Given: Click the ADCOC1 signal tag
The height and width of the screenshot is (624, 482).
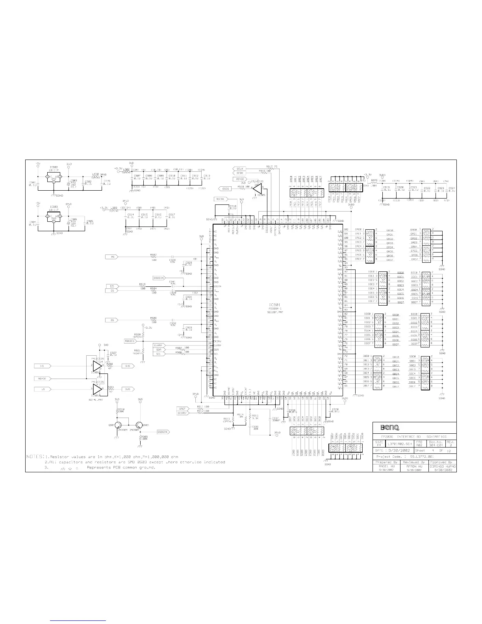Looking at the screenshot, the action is point(130,341).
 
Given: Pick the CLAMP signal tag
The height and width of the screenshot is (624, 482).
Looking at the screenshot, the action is point(158,345).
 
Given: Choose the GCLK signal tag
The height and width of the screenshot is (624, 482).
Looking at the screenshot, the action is point(239,169).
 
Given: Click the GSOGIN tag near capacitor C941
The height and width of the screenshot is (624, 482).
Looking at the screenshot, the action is point(159,278).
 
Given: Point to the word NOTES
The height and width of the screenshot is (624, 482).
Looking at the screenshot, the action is point(35,457).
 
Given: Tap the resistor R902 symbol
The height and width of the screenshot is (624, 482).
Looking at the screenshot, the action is point(154,257).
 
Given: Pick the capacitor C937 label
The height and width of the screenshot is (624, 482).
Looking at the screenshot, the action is point(275,418).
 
